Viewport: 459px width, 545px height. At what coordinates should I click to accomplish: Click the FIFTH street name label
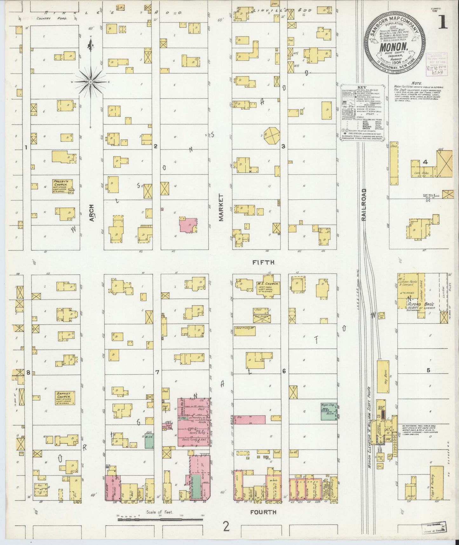(263, 262)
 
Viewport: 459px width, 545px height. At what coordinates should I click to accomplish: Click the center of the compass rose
(91, 82)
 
